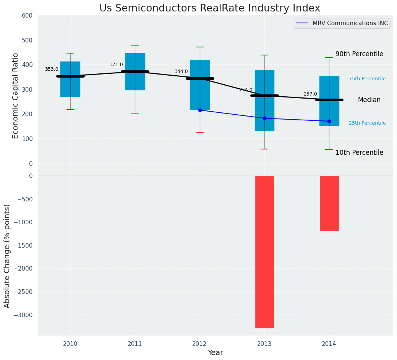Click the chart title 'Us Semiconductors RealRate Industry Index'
210,8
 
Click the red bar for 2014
329,203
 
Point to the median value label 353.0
52,69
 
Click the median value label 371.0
116,65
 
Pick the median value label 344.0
181,71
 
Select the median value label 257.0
310,94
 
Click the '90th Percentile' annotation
359,54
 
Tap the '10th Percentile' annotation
359,152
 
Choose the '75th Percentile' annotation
367,79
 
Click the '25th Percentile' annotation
367,123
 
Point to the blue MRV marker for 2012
200,110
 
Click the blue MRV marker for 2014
329,121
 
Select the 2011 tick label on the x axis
135,344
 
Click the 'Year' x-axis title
216,353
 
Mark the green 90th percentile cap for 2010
70,53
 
